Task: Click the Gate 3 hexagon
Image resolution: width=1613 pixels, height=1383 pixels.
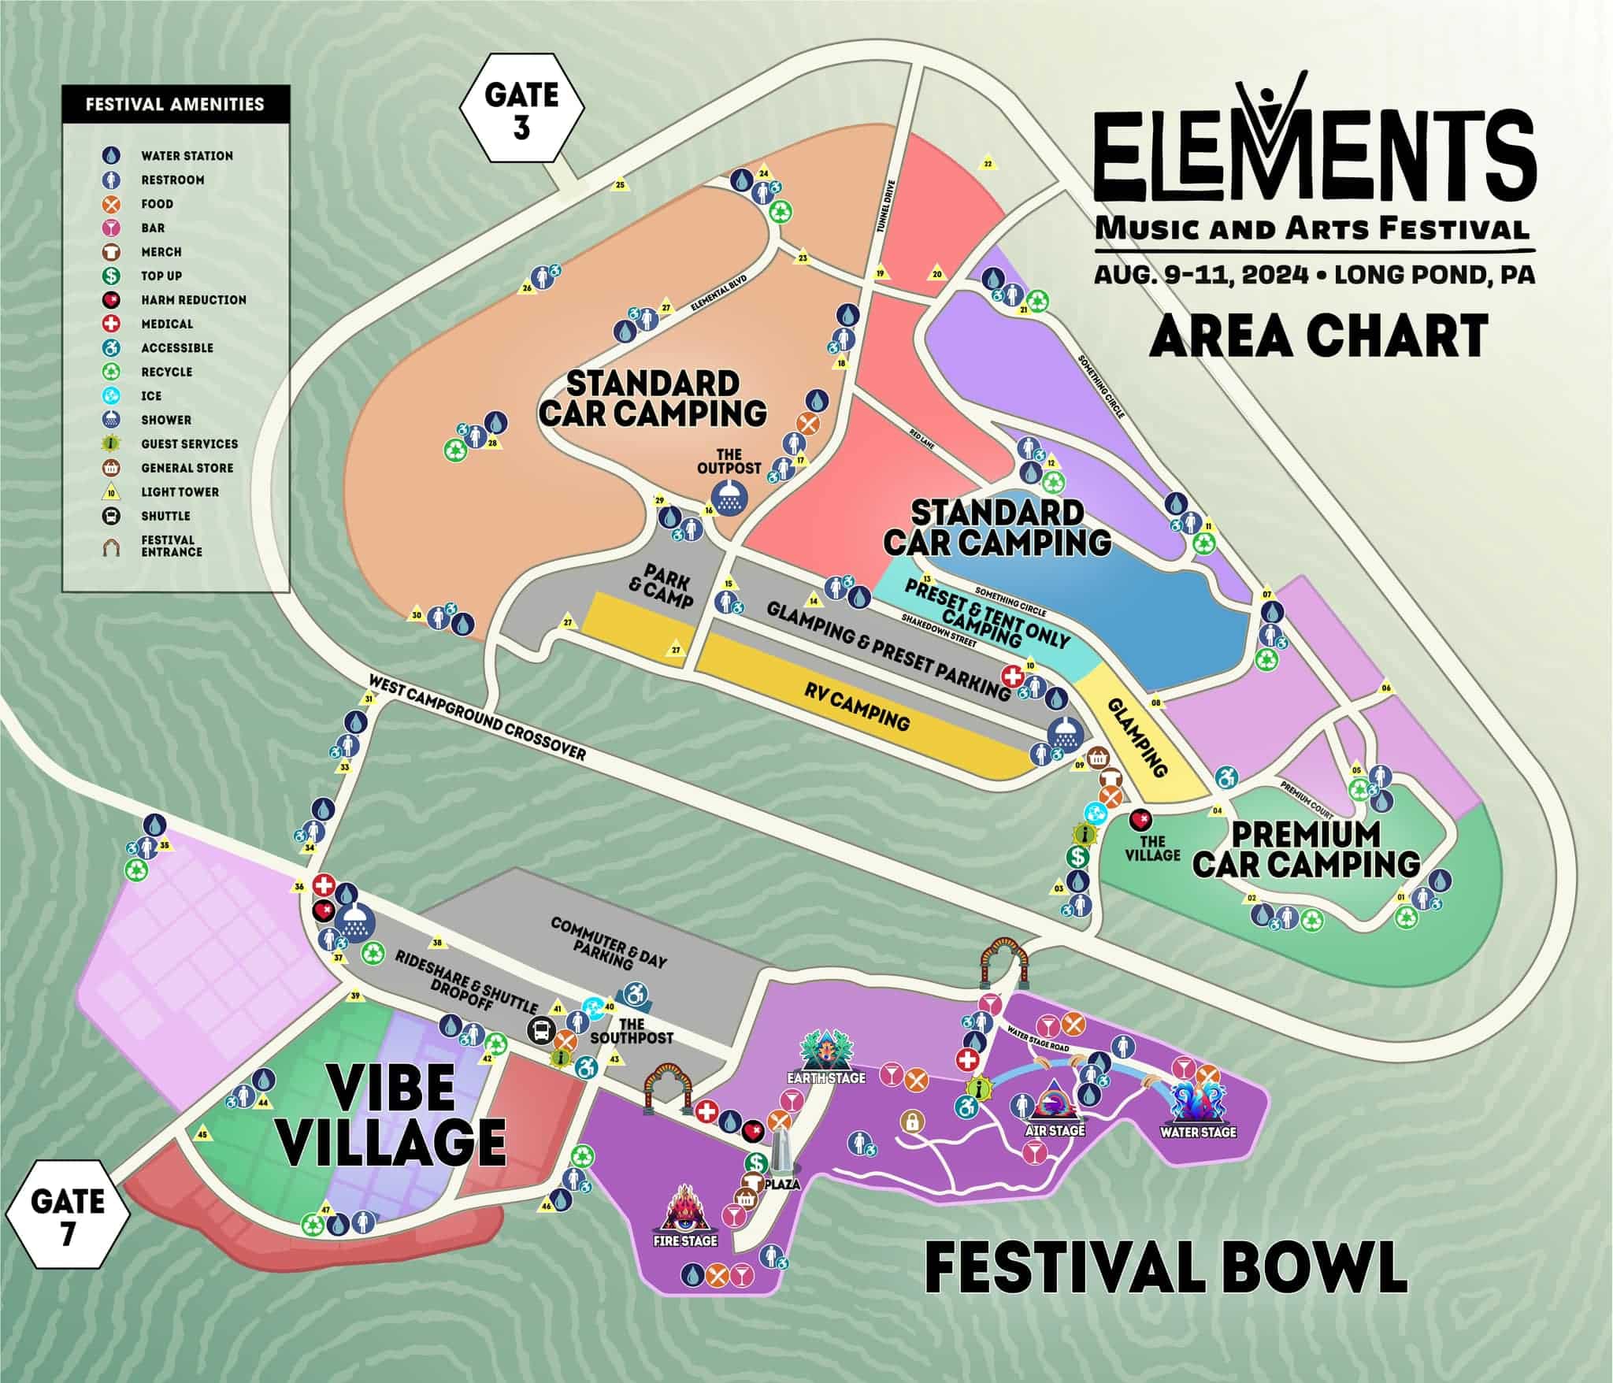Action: point(522,108)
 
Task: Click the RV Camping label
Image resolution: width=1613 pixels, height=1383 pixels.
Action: point(857,707)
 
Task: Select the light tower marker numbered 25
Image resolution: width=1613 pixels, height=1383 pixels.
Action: point(620,186)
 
